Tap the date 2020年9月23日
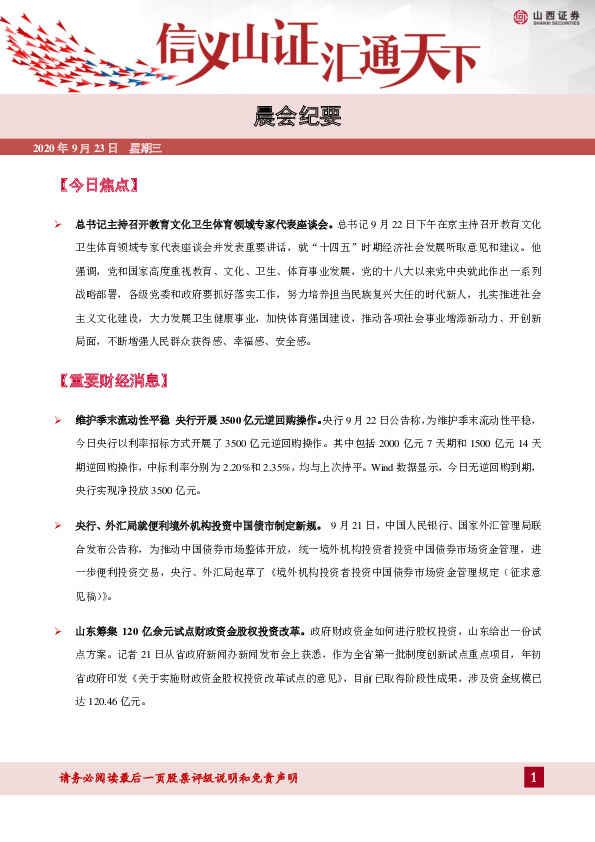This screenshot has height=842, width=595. coord(76,149)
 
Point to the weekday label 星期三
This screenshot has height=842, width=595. coord(145,149)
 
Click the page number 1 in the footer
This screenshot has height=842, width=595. coord(535,778)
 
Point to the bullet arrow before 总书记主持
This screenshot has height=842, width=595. coord(59,225)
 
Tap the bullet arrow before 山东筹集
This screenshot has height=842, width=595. coord(59,631)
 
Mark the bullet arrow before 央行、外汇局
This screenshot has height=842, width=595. coord(59,525)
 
